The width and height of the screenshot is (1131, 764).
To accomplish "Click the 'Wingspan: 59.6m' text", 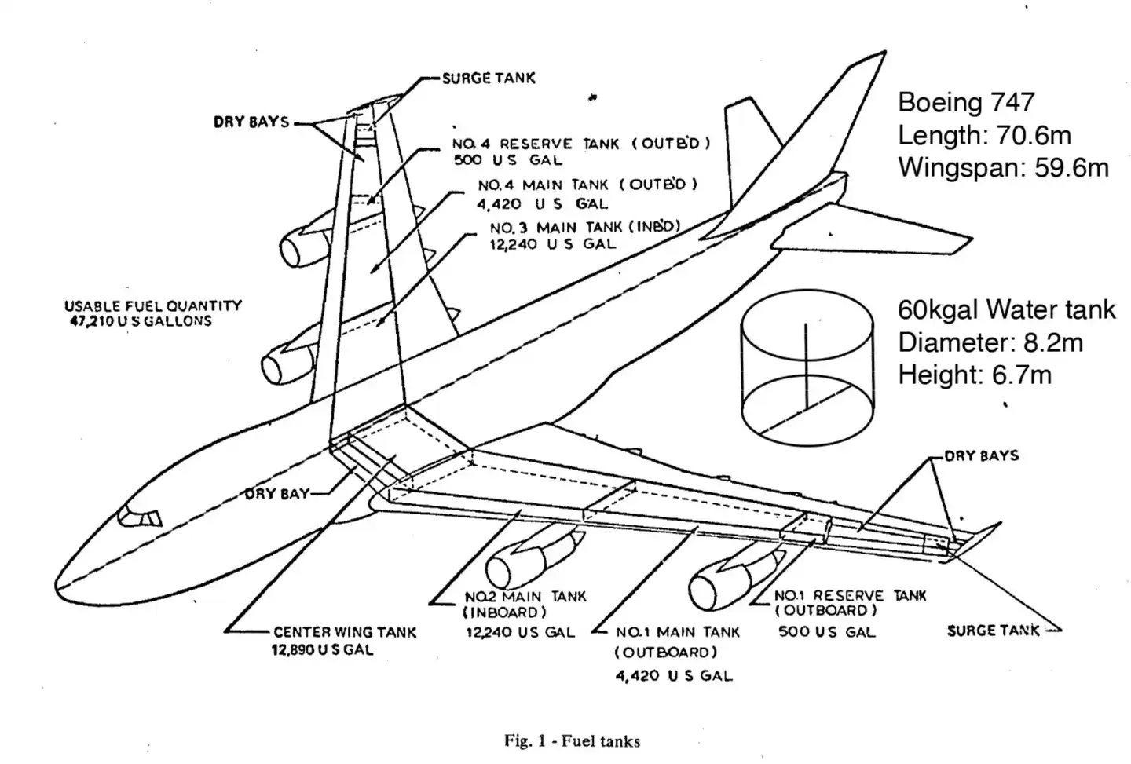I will (x=1003, y=167).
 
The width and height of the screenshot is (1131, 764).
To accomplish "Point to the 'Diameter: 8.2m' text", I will (x=990, y=342).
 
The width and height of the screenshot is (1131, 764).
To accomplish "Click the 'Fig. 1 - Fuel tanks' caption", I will (x=572, y=740).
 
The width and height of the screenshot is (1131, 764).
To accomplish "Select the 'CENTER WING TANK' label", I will (x=345, y=632).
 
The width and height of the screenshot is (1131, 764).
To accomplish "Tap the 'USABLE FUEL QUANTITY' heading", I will (x=153, y=305).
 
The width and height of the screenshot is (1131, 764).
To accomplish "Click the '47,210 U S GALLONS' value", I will (x=141, y=321).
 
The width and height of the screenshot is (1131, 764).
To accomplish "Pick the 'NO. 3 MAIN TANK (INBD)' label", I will (x=584, y=227).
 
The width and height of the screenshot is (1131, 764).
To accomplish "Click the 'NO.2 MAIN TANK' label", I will (x=525, y=597).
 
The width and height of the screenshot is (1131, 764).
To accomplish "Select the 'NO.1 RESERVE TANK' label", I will (x=850, y=596).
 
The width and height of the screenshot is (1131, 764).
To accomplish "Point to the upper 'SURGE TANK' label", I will (x=488, y=78).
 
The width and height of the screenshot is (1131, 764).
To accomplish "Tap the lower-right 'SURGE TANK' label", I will (x=993, y=631).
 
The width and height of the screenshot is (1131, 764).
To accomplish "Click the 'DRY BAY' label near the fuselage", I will (x=276, y=494).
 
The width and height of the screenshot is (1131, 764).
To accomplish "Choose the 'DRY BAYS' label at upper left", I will (x=251, y=122).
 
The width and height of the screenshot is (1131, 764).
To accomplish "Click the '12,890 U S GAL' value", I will (x=322, y=649).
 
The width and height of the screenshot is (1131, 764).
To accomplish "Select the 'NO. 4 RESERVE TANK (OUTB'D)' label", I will (x=580, y=144).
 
